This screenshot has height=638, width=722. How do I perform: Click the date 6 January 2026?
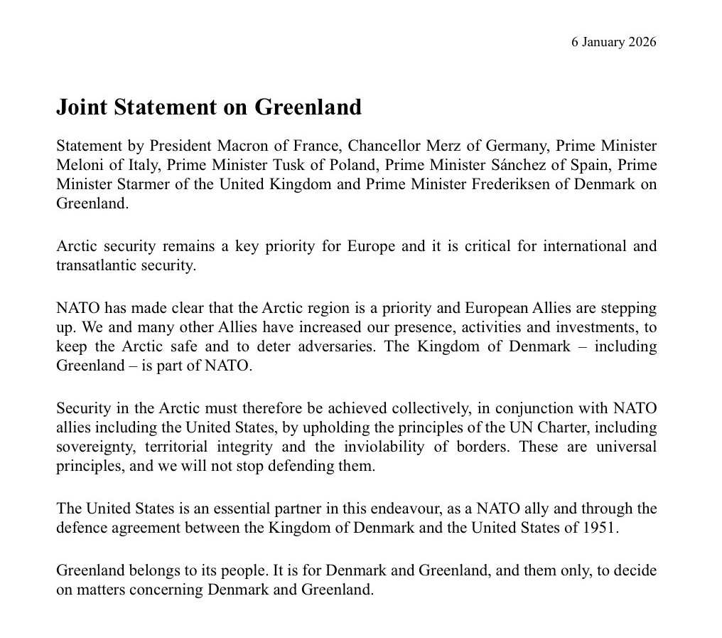613,42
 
